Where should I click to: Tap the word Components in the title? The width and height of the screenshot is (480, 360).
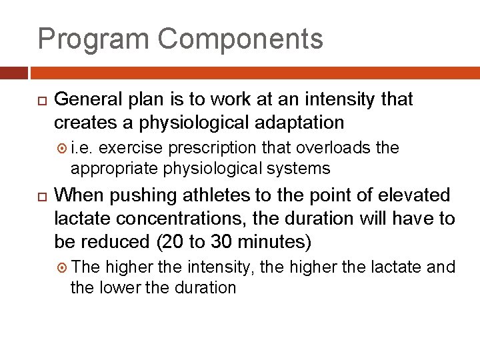click(x=241, y=39)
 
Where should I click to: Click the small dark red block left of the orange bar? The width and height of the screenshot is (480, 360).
click(x=14, y=73)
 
